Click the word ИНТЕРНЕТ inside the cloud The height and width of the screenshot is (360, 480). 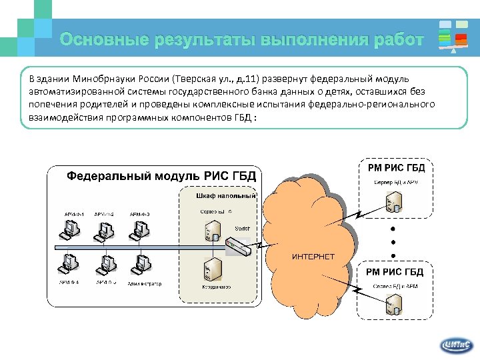[x=313, y=257]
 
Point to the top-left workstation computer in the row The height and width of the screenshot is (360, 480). [x=69, y=228]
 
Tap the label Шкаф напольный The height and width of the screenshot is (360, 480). [x=225, y=196]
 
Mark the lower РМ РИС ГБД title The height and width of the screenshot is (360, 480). [x=395, y=272]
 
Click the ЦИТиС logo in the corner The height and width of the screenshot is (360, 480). [x=457, y=344]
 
